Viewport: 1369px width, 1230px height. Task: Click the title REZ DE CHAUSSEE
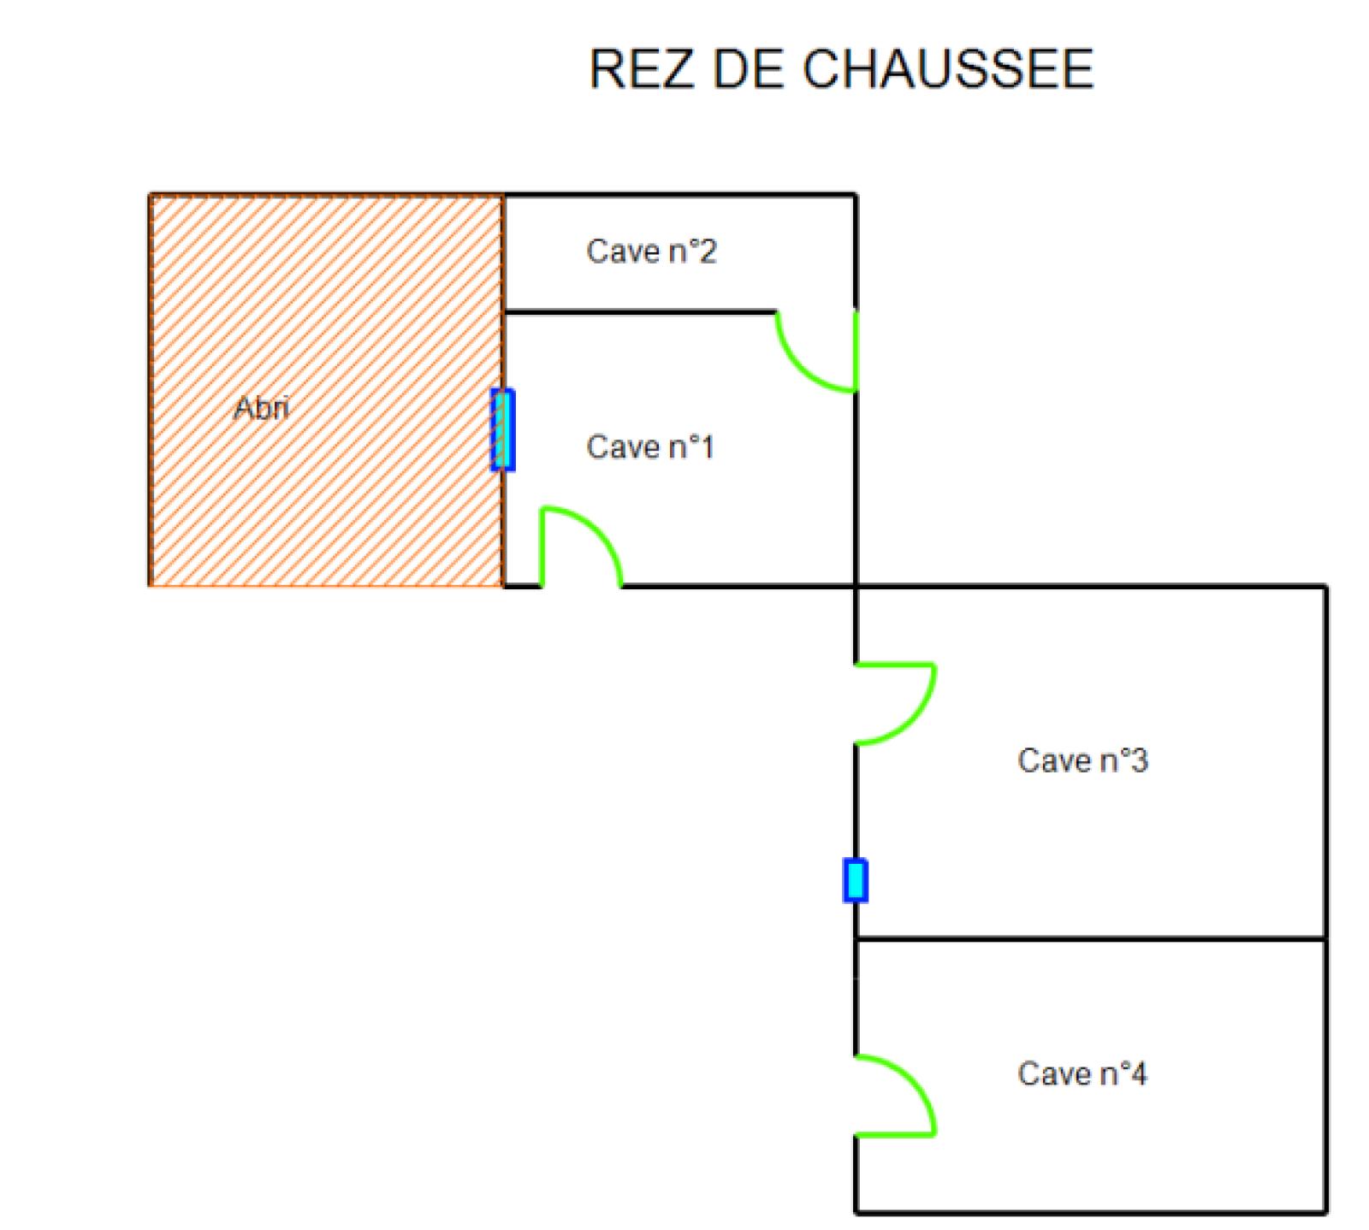[x=841, y=69]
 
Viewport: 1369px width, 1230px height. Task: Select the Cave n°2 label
[x=650, y=251]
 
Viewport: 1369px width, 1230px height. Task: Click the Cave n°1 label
[x=649, y=446]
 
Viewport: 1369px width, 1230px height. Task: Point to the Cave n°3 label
[x=1082, y=760]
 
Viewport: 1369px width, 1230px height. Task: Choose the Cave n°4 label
[x=1082, y=1073]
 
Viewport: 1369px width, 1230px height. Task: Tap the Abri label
[x=261, y=408]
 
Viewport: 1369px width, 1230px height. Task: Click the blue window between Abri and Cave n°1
[x=502, y=429]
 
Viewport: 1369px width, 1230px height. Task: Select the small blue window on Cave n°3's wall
[x=855, y=880]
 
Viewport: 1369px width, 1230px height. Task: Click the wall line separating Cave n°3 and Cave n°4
[x=1091, y=939]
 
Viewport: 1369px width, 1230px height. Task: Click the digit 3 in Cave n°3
[x=1138, y=760]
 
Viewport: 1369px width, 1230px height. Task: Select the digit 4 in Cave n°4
[x=1138, y=1073]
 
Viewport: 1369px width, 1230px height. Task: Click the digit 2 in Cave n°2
[x=707, y=251]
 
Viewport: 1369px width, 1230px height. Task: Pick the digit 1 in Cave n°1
[x=706, y=446]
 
